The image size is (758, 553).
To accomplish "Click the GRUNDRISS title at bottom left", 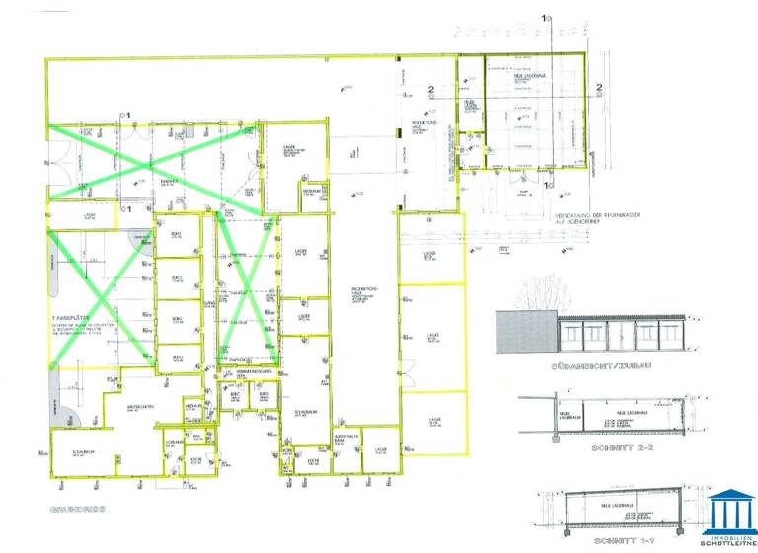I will pyautogui.click(x=71, y=512).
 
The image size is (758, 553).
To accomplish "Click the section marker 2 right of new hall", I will pyautogui.click(x=599, y=88).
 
